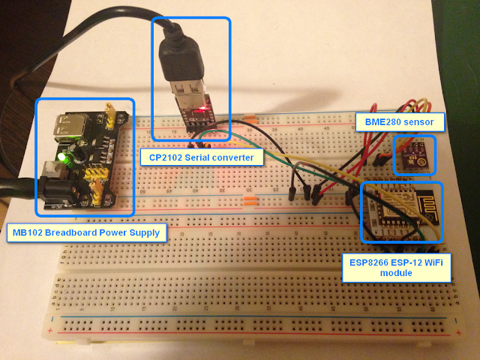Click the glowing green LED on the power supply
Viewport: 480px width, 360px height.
tap(62, 157)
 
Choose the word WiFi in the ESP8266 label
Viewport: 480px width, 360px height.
tap(432, 262)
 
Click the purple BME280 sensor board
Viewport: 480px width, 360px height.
tap(414, 155)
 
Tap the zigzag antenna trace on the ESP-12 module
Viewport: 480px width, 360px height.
tap(428, 202)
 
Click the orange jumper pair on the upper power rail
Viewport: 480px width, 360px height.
tap(250, 118)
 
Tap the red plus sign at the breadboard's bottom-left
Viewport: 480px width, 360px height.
tap(50, 331)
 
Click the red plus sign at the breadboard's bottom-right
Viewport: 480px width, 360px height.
tap(458, 333)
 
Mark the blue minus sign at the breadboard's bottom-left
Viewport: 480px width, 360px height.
tap(52, 319)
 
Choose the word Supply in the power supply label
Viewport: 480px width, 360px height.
tap(145, 233)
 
